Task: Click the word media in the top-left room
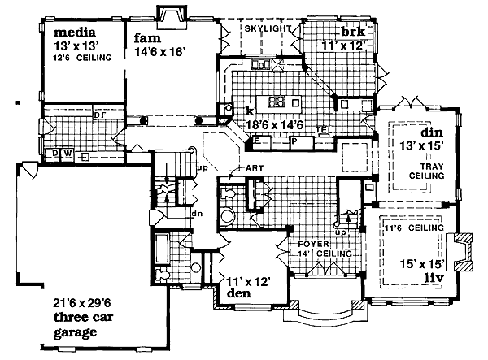(75, 33)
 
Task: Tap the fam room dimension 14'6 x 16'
(158, 51)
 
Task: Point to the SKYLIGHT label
(268, 28)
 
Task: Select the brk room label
(353, 32)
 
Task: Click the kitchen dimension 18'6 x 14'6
(275, 125)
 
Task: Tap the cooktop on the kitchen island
(277, 102)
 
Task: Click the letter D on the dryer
(54, 154)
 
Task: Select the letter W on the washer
(68, 154)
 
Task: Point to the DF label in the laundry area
(100, 115)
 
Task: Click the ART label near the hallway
(255, 168)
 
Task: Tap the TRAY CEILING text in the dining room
(427, 171)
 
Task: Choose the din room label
(432, 132)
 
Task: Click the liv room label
(434, 277)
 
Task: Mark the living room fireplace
(460, 251)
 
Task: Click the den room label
(239, 293)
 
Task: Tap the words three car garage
(83, 325)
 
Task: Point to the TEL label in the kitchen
(322, 128)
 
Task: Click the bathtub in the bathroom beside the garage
(162, 249)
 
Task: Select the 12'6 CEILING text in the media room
(82, 58)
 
